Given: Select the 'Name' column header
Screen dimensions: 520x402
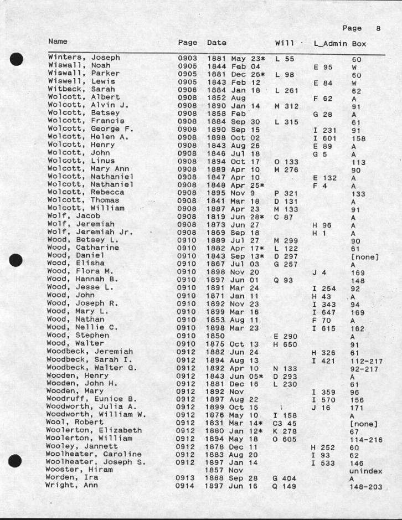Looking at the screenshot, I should click(58, 42).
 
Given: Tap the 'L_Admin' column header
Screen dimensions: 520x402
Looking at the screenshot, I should click(330, 43).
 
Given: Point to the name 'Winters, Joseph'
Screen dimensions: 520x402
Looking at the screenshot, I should click(84, 58).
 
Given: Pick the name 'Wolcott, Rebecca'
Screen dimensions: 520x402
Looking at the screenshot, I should click(86, 193).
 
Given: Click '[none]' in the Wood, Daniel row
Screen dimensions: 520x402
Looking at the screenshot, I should click(364, 257).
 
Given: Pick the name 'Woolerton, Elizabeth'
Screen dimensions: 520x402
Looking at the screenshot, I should click(94, 430).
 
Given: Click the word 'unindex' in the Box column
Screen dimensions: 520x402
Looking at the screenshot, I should click(365, 471).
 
